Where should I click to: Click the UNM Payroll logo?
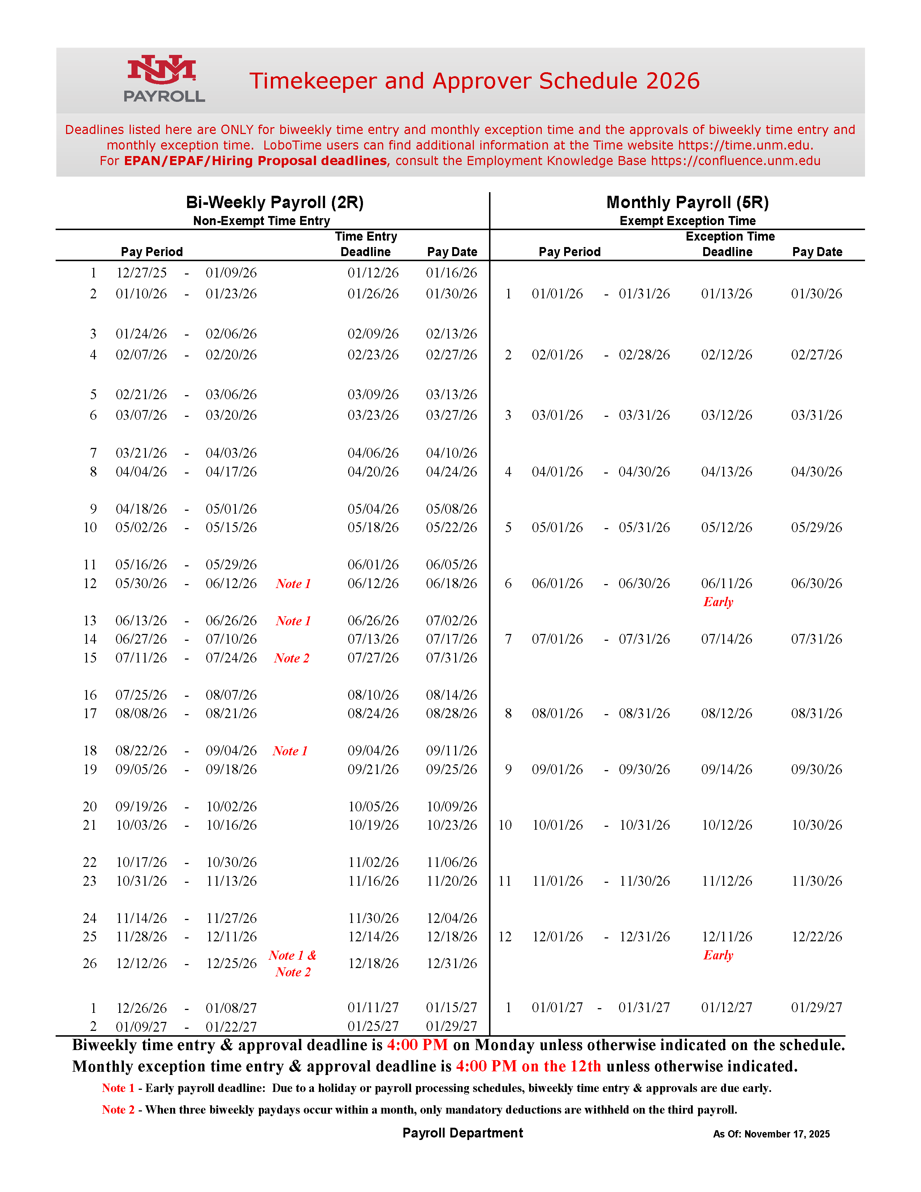click(x=164, y=79)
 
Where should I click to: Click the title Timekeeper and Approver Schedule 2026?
click(x=474, y=81)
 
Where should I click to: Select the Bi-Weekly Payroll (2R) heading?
click(x=274, y=203)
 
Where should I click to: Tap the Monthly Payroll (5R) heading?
click(x=687, y=203)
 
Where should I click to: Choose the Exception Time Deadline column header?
click(x=730, y=244)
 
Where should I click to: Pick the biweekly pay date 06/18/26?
click(x=451, y=583)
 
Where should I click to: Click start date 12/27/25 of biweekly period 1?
click(x=141, y=273)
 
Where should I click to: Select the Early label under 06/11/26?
click(x=718, y=602)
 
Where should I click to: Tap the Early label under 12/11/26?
click(x=718, y=955)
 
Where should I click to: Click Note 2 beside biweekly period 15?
click(x=291, y=658)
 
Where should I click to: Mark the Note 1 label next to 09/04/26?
click(x=290, y=751)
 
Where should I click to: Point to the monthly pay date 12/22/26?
click(x=816, y=937)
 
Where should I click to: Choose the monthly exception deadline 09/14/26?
click(x=726, y=769)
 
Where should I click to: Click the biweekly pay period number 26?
click(x=90, y=963)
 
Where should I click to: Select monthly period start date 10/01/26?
click(x=557, y=825)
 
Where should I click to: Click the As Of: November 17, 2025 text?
click(x=771, y=1134)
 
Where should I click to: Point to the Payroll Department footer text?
click(x=463, y=1133)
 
